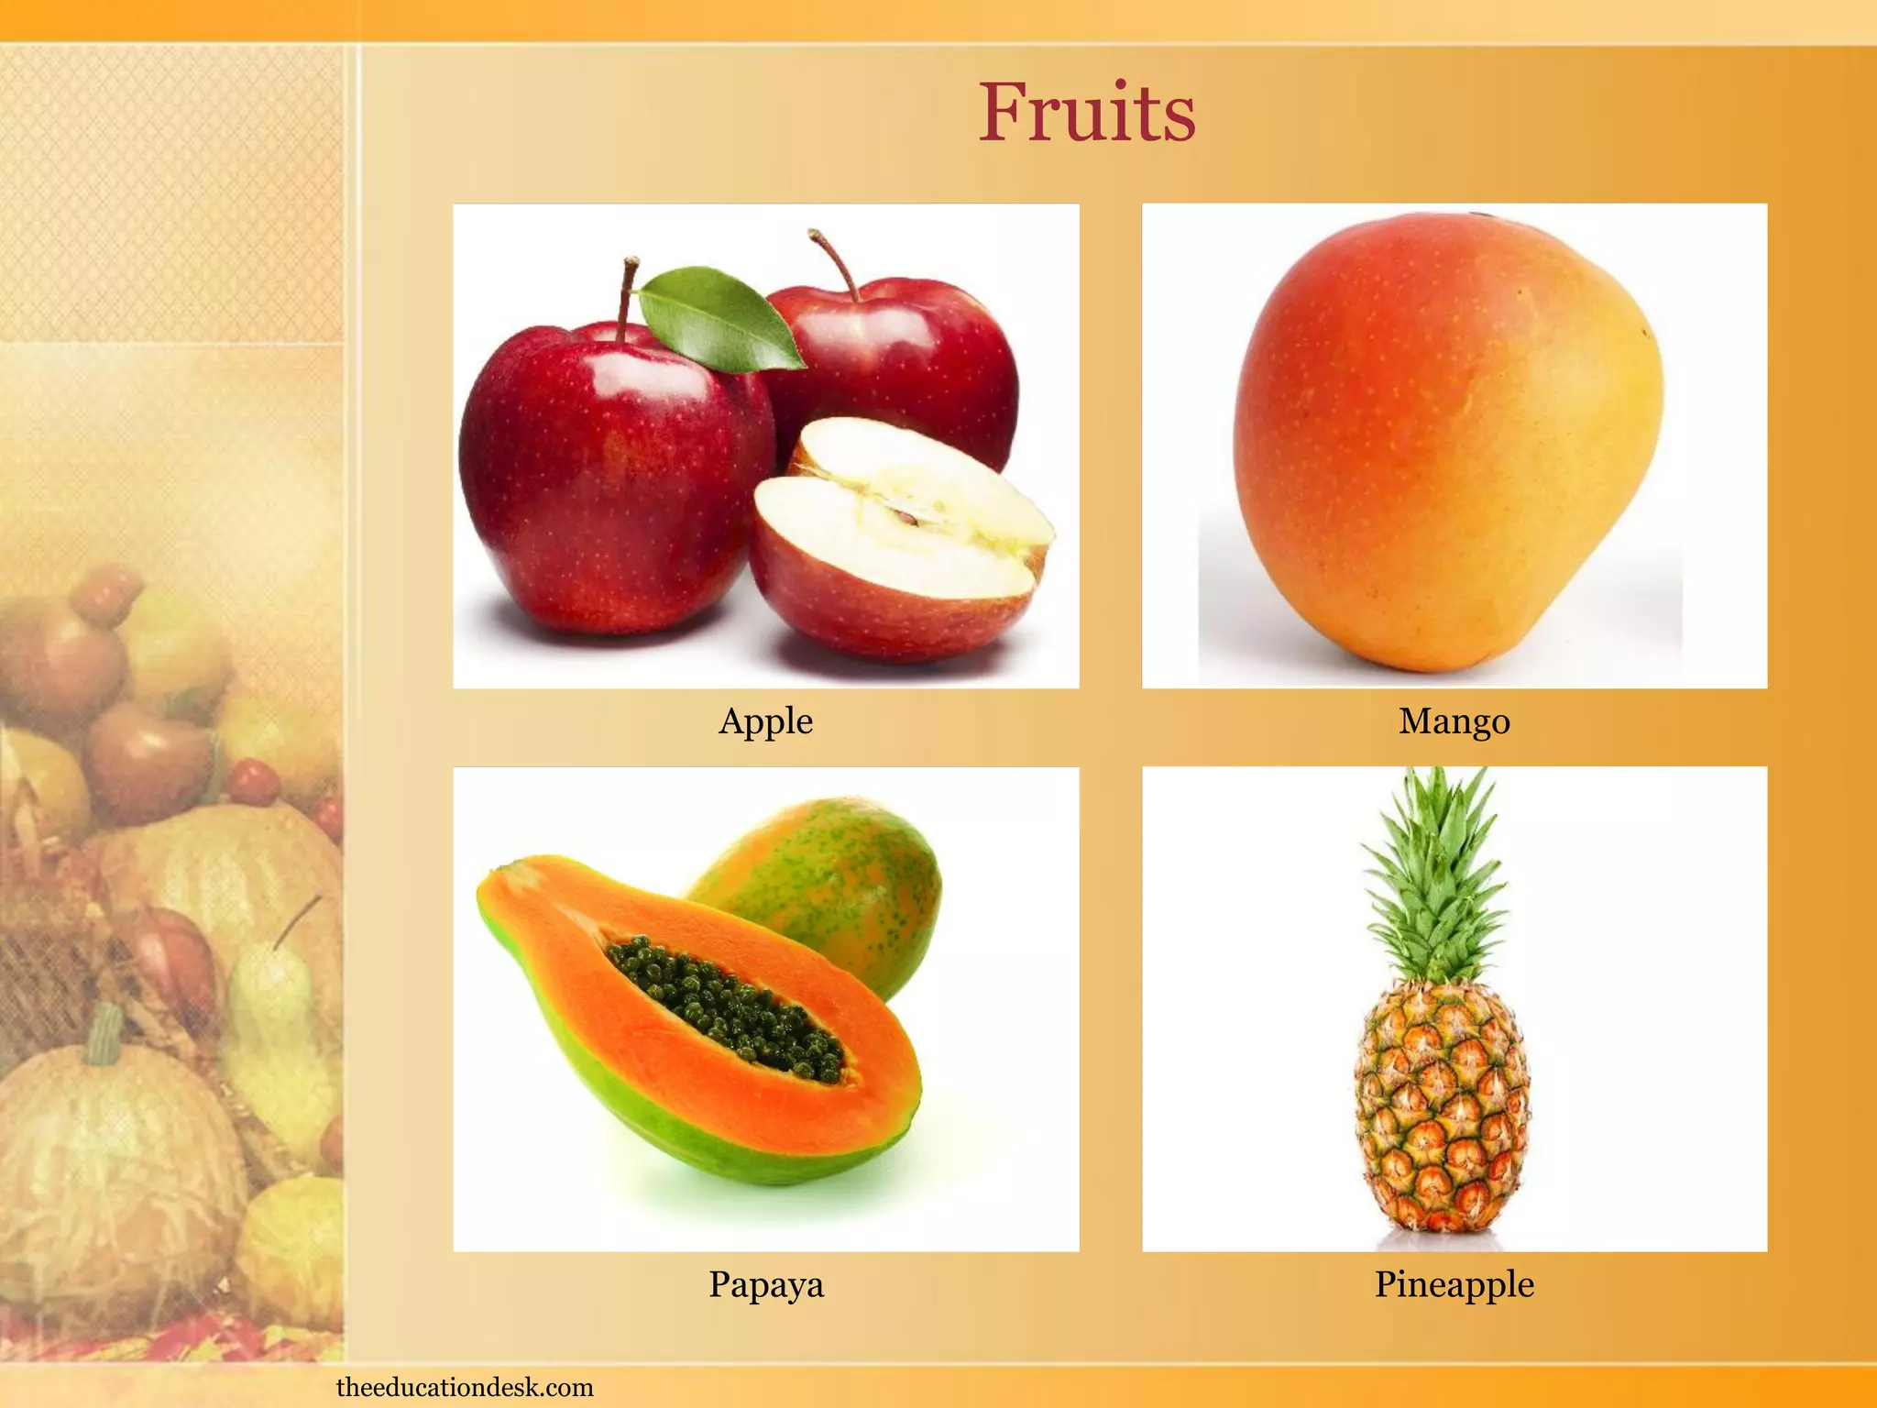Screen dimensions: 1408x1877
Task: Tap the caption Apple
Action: pos(765,721)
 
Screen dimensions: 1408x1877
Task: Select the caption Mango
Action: pos(1454,721)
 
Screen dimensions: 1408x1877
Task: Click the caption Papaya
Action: pos(766,1284)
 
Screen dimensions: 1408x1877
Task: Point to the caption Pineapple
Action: pos(1454,1284)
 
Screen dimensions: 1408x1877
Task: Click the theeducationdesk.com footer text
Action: pos(465,1387)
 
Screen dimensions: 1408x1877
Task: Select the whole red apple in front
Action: pos(605,477)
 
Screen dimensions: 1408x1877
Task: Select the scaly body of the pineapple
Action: pos(1442,1109)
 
